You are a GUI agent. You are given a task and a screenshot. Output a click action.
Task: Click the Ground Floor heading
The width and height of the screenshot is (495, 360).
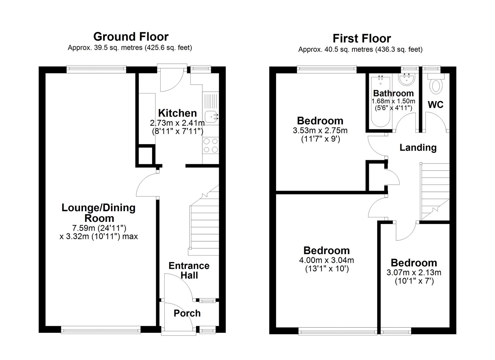131,37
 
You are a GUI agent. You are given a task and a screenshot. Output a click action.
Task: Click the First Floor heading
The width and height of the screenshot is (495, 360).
362,38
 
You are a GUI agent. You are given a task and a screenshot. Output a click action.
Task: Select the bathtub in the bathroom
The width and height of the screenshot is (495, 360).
381,101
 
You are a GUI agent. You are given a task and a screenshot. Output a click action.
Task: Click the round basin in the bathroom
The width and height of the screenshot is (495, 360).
407,79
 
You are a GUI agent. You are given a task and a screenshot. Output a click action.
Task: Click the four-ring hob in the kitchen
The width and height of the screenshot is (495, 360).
210,146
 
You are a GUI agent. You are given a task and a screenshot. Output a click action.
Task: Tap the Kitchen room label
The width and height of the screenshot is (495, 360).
177,113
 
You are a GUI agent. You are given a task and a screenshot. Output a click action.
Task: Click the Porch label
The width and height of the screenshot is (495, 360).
187,313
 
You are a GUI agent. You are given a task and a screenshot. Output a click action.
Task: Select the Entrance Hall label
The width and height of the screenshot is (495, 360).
189,271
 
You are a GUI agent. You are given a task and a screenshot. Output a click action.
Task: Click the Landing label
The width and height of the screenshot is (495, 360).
418,148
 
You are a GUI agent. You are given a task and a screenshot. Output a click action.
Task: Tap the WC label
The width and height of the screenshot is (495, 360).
436,104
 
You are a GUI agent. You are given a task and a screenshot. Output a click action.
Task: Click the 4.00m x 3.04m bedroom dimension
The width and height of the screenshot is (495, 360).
326,260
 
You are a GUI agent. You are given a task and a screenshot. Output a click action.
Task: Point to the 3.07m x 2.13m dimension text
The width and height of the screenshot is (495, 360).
414,272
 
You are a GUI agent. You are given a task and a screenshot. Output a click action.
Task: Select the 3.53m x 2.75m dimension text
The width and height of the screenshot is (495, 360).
320,131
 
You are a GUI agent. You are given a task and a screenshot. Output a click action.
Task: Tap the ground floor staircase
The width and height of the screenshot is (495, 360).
204,221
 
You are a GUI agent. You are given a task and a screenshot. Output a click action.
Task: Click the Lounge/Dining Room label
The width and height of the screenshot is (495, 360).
99,213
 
